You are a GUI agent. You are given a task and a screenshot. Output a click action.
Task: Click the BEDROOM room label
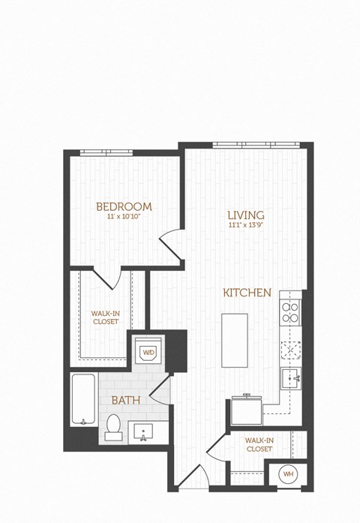click(x=124, y=206)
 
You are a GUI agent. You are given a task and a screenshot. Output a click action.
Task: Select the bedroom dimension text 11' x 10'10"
click(x=124, y=218)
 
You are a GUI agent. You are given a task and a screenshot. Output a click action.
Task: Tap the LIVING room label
click(x=246, y=215)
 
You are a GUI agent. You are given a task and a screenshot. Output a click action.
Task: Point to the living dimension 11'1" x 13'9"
click(x=246, y=226)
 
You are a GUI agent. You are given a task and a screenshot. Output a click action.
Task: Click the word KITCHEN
click(x=246, y=293)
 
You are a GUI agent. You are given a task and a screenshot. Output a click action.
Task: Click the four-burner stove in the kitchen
click(x=289, y=310)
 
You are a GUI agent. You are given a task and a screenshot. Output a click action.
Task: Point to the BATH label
click(x=125, y=401)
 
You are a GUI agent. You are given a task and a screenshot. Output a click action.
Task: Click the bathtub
click(x=82, y=399)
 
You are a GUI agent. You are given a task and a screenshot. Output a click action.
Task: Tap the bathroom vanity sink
click(x=142, y=432)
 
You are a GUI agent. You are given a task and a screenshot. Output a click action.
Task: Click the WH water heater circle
click(x=286, y=474)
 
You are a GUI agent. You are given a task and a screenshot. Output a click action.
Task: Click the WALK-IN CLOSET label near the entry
click(x=258, y=445)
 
